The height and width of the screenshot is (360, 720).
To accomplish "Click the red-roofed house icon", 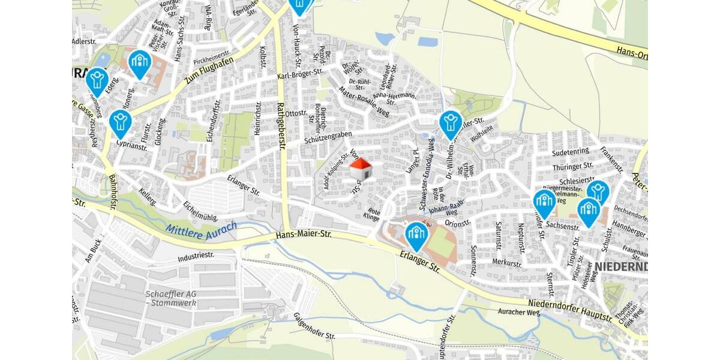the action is tap(360, 169).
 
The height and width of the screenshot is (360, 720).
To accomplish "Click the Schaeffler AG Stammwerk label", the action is tap(171, 298).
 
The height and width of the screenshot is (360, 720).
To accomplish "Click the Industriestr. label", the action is tap(196, 256).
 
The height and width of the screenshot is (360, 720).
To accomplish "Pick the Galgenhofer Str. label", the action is tap(314, 326).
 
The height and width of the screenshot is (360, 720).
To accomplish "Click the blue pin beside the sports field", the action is tap(416, 235).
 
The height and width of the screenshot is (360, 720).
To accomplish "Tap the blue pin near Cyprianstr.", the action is tap(121, 123).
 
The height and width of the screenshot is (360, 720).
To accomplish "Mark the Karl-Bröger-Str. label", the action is tap(300, 76).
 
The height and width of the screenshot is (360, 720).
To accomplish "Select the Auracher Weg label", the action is tap(519, 312).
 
